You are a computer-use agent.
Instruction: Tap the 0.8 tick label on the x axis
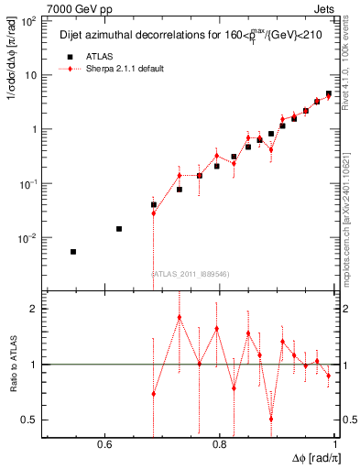pos(219,444)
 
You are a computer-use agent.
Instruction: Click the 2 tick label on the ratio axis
pos(34,309)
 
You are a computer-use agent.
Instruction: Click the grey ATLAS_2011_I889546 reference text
pos(190,273)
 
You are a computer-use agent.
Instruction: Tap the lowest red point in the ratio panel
pos(271,419)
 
